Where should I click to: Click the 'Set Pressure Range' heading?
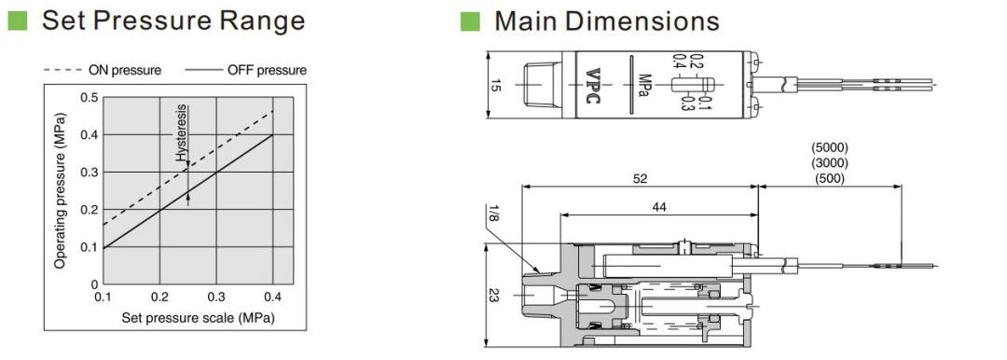click(172, 21)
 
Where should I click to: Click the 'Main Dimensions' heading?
click(606, 21)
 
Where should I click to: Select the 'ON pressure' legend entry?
click(103, 69)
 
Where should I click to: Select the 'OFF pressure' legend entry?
click(246, 69)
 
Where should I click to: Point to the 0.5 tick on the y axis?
click(90, 97)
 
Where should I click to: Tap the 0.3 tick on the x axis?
click(216, 298)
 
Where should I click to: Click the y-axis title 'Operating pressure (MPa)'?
click(60, 191)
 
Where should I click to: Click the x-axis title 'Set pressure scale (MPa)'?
click(199, 318)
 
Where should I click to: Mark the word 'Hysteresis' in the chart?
click(182, 132)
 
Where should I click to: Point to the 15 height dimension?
click(494, 84)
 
